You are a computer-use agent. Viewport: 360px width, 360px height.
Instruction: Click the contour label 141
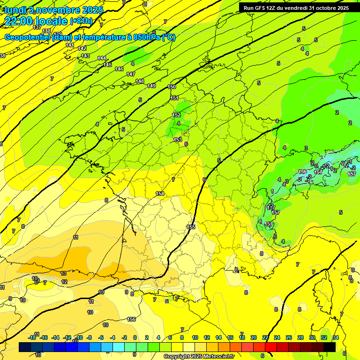point(70,45)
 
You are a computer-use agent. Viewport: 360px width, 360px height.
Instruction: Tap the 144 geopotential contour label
point(101,58)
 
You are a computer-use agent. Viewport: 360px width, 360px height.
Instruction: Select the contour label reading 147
point(131,75)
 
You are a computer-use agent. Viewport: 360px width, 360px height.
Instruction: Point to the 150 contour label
point(172,87)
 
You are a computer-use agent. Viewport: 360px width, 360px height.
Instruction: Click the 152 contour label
point(176,115)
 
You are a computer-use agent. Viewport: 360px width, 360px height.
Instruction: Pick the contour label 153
point(178,140)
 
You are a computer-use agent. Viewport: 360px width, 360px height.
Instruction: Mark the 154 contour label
point(160,194)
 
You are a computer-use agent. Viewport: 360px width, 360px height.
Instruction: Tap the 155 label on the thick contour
point(191,227)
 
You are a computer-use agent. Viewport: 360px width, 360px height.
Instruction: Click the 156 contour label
point(132,319)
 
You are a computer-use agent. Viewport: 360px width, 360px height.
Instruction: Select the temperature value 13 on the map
point(63,273)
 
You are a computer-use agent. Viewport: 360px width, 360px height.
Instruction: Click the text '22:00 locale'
point(36,21)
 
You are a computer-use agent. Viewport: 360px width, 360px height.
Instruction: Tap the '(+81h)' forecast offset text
point(81,21)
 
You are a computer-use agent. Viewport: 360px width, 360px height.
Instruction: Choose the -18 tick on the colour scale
point(32,337)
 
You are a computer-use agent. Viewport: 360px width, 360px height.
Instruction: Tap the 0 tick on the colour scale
point(135,337)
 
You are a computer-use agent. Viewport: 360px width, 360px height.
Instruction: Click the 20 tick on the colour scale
point(253,337)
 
